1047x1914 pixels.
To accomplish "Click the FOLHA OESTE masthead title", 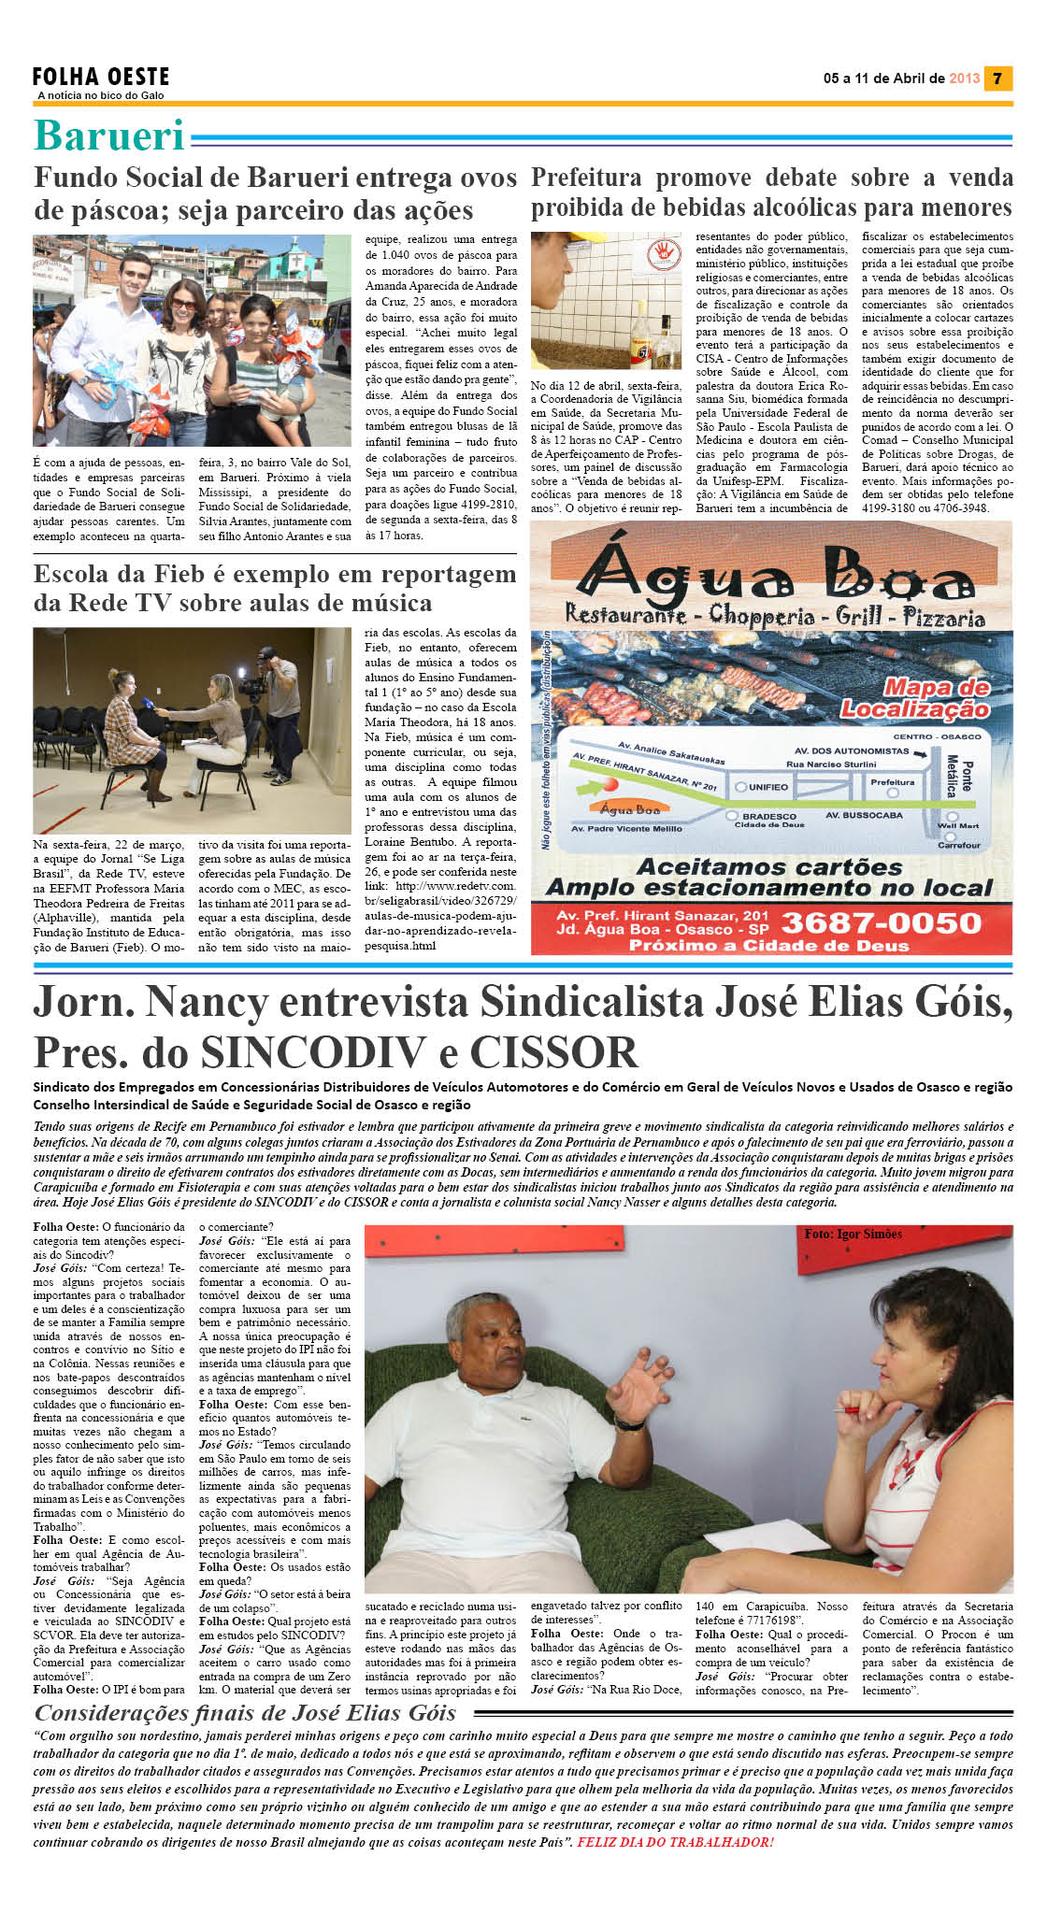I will [101, 77].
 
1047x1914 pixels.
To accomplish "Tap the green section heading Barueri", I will [109, 136].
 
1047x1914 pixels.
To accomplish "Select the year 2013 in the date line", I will [964, 79].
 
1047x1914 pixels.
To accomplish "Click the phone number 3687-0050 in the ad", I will [881, 923].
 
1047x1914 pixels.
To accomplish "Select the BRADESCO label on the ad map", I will [768, 816].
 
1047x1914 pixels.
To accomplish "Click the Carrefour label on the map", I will [959, 845].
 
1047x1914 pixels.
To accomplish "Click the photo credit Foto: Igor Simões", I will [853, 1235].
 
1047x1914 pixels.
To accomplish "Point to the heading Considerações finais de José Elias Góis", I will [245, 1713].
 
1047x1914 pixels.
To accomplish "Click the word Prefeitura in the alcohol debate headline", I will [586, 178].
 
